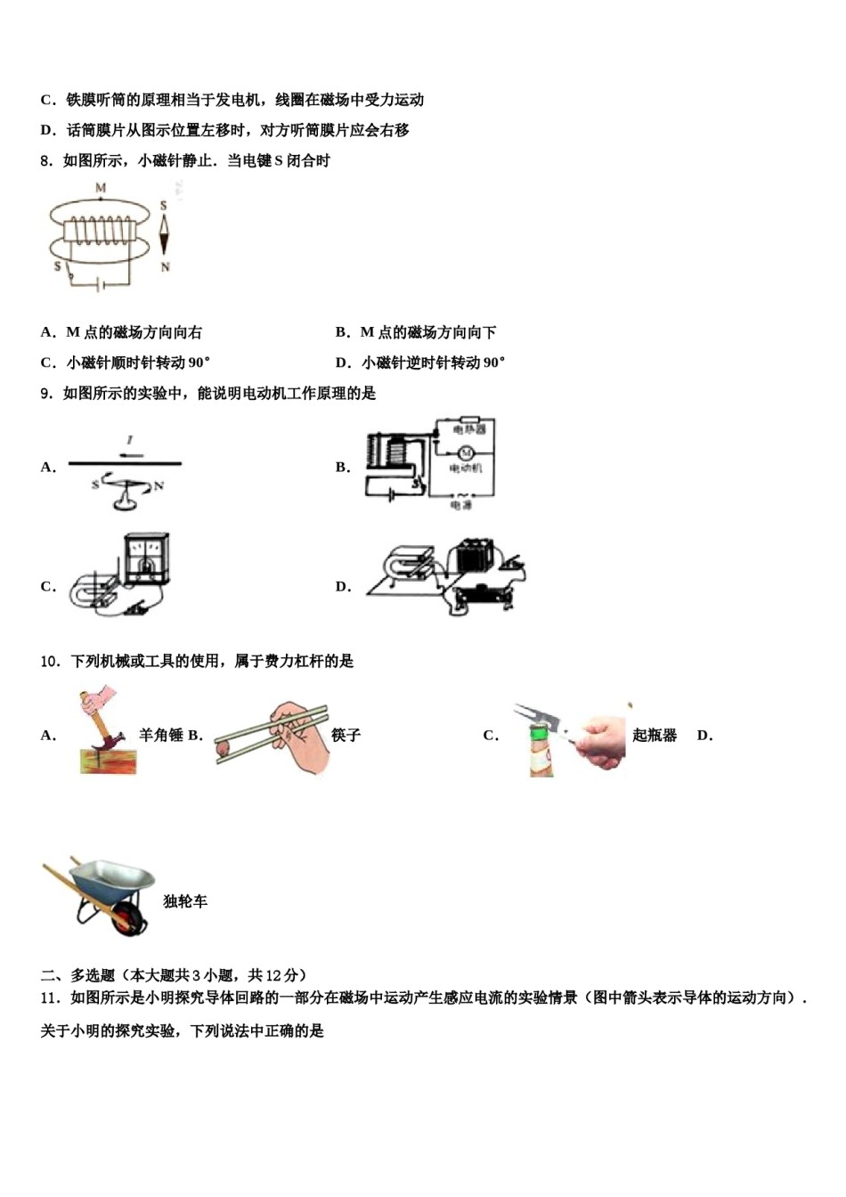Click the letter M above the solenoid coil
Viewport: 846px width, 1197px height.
tap(101, 189)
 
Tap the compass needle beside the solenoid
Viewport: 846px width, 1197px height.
tap(164, 236)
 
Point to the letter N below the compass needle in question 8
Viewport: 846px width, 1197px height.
tap(165, 267)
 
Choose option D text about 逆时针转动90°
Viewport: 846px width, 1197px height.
tap(420, 362)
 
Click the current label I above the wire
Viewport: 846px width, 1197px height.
tap(130, 440)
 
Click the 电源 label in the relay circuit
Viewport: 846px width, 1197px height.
tap(461, 505)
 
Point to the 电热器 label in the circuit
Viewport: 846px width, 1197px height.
tap(469, 429)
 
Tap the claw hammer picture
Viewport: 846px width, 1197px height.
tap(106, 731)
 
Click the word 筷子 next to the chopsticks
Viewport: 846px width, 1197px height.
tap(346, 735)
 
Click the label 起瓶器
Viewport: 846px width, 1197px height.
tap(655, 735)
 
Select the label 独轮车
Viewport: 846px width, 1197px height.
tap(185, 901)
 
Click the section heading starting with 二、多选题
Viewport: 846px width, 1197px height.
tap(174, 974)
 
